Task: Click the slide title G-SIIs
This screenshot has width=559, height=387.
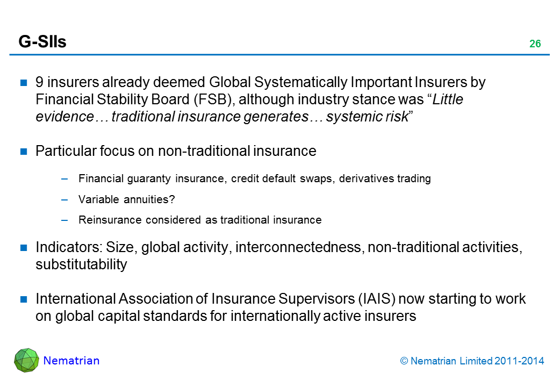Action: [42, 42]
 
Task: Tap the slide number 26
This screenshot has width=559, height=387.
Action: [534, 44]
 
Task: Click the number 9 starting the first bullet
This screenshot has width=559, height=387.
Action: [39, 83]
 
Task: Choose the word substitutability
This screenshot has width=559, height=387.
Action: [81, 264]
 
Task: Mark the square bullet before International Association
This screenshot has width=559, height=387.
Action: [24, 299]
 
